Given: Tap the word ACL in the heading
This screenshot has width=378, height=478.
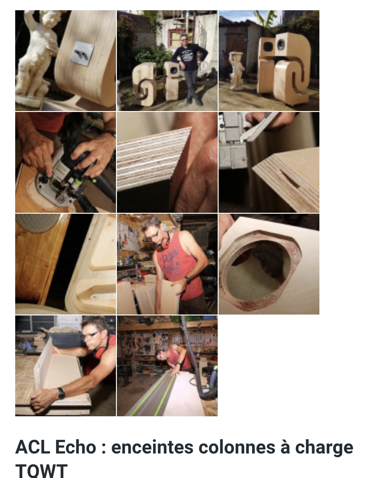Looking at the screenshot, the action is [33, 447].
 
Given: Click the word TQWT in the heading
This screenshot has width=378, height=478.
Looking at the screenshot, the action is [41, 471].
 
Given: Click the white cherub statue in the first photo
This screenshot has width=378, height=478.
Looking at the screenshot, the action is [37, 58].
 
